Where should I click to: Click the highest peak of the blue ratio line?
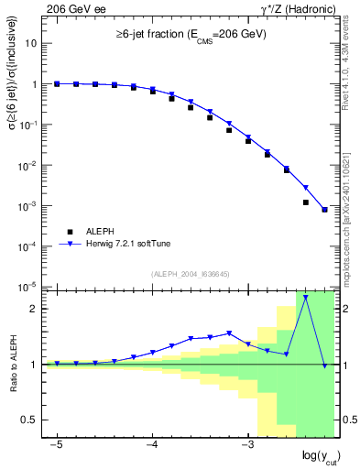(x=305, y=297)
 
